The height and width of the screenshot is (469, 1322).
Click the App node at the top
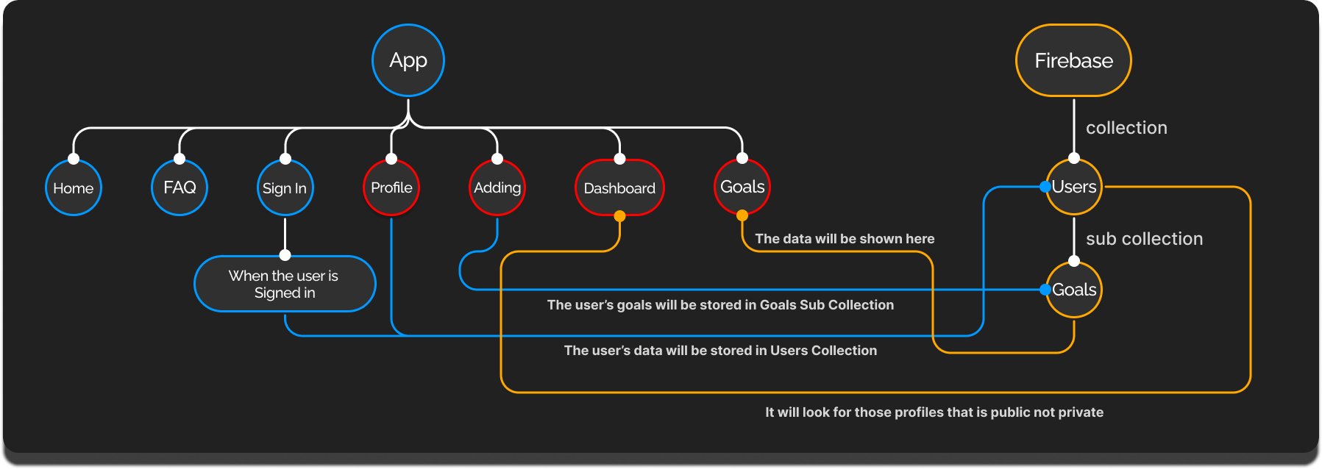[x=408, y=60]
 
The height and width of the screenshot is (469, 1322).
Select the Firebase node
[x=1073, y=60]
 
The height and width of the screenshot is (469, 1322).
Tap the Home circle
[x=74, y=188]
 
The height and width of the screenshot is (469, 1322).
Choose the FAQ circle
[x=180, y=187]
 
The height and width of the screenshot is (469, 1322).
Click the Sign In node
[x=285, y=188]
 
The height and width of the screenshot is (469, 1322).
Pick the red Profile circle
[x=391, y=187]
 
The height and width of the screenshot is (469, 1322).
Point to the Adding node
[x=497, y=187]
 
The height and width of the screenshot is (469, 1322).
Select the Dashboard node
[x=619, y=188]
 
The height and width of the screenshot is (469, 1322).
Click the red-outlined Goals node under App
[x=742, y=187]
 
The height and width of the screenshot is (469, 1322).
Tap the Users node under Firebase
[x=1074, y=187]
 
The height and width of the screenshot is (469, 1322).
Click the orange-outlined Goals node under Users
[x=1074, y=290]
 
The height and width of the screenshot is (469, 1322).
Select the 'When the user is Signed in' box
[x=285, y=284]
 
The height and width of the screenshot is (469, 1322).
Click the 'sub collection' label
[x=1144, y=239]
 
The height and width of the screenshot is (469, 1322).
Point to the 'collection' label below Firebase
[x=1126, y=128]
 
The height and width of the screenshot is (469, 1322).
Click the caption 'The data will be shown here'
[x=845, y=239]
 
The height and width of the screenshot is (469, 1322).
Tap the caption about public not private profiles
[x=934, y=412]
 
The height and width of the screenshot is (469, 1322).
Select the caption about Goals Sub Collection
[x=720, y=305]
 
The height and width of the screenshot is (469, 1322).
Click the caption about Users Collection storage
[x=720, y=351]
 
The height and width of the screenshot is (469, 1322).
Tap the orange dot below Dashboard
[x=619, y=216]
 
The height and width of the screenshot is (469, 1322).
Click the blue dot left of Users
[x=1045, y=187]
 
